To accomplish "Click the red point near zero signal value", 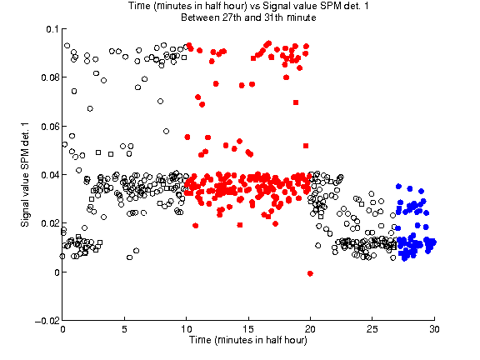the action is pos(310,273).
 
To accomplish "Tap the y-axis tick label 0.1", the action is pos(52,29).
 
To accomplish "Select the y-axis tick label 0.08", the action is pos(50,77).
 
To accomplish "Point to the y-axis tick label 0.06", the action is pos(50,126).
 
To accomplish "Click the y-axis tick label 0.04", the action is pos(50,175).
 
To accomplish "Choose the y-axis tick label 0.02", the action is pos(50,223).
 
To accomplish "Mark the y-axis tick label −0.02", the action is pos(47,321).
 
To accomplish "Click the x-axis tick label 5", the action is pos(124,329).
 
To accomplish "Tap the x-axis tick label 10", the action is pos(186,329).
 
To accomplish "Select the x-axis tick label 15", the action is pos(248,329).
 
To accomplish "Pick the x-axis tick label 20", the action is pos(310,329).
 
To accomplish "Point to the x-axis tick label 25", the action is pos(372,329).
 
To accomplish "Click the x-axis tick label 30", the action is pos(434,329).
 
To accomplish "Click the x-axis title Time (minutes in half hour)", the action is pos(248,340).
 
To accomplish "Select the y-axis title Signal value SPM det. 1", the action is pos(25,175).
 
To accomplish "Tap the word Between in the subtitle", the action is pos(200,17).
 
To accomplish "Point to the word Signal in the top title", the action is pos(277,6).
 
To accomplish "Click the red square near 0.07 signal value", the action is pos(296,102).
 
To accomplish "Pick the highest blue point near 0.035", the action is pos(398,186).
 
